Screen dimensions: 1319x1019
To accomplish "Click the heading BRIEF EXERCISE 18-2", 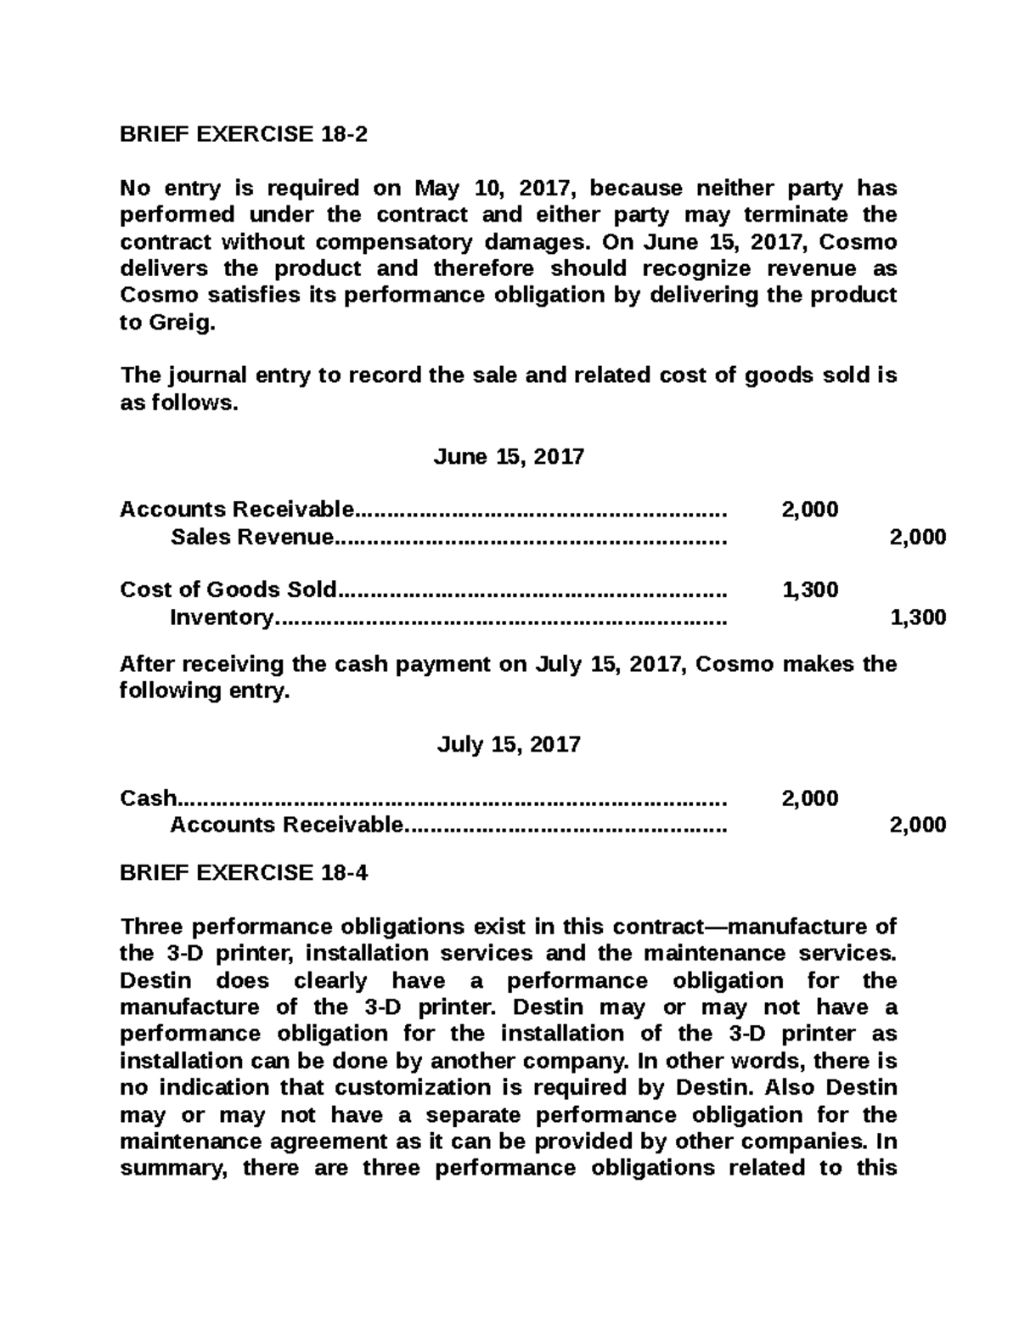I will [244, 134].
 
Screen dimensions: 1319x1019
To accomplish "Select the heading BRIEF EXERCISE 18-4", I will [244, 873].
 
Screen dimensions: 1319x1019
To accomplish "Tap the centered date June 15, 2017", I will [509, 457].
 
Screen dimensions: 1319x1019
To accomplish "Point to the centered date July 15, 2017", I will [509, 745].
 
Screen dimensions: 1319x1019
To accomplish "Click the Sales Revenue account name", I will [252, 537].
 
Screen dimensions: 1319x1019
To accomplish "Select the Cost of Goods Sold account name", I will [228, 589].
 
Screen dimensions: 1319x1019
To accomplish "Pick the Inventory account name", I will [222, 617].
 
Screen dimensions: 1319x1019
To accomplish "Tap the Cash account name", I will [149, 798].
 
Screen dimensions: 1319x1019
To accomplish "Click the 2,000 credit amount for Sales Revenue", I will [917, 537].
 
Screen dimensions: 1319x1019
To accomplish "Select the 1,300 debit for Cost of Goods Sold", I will [809, 589].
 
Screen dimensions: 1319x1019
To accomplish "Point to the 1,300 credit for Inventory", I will [917, 617].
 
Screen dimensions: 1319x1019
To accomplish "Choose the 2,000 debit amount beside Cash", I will [809, 798].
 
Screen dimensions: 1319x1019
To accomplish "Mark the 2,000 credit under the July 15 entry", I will [917, 825].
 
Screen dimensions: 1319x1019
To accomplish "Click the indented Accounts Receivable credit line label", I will [285, 825].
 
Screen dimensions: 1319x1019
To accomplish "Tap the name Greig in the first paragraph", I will [179, 323].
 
